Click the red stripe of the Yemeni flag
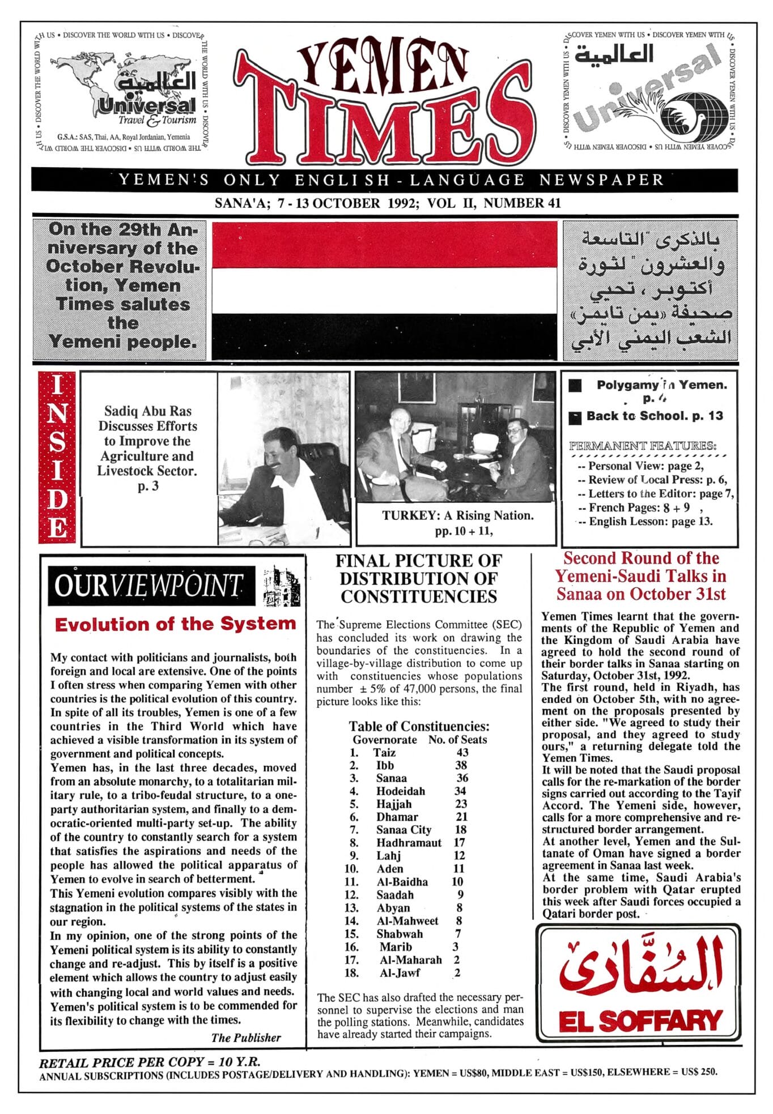point(384,245)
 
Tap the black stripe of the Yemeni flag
point(384,336)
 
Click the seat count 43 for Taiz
point(462,752)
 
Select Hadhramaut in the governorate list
point(409,843)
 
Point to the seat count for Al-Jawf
point(457,973)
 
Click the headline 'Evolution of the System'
point(175,624)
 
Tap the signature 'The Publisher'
point(246,1038)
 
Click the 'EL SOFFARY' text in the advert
point(640,1021)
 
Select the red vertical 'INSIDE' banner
point(57,457)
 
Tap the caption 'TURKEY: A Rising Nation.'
point(457,515)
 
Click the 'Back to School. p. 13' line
point(655,416)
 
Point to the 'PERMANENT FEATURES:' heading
point(643,446)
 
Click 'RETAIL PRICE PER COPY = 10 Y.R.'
point(150,1062)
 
